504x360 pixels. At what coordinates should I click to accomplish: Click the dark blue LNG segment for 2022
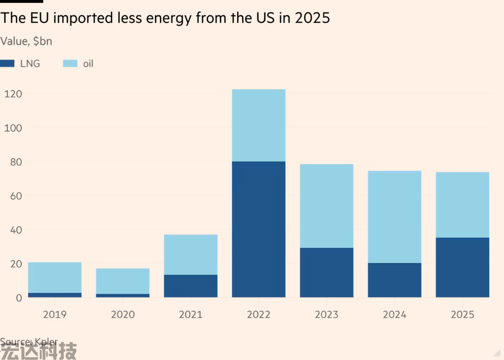tap(258, 229)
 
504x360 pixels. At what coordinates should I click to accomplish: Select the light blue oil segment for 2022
tap(258, 125)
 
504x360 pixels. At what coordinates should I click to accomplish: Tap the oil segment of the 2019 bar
tap(55, 277)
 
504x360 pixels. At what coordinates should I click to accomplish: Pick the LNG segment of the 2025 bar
tap(462, 267)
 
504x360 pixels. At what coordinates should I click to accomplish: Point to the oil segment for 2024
tap(395, 217)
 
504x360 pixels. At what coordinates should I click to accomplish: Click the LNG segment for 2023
tap(326, 272)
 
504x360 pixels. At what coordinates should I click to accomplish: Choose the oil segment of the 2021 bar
tap(191, 254)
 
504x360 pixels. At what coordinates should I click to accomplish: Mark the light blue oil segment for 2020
tap(122, 281)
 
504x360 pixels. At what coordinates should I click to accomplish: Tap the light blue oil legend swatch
tap(71, 63)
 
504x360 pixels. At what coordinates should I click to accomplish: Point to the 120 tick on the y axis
tap(13, 94)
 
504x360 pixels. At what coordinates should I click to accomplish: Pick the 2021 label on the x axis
tap(191, 314)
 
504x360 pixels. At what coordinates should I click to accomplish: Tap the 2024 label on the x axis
tap(395, 314)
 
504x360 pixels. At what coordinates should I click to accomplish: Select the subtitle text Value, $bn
tap(26, 41)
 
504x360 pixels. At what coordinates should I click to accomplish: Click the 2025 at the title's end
tap(312, 18)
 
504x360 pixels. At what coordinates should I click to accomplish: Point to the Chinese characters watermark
tap(38, 351)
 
